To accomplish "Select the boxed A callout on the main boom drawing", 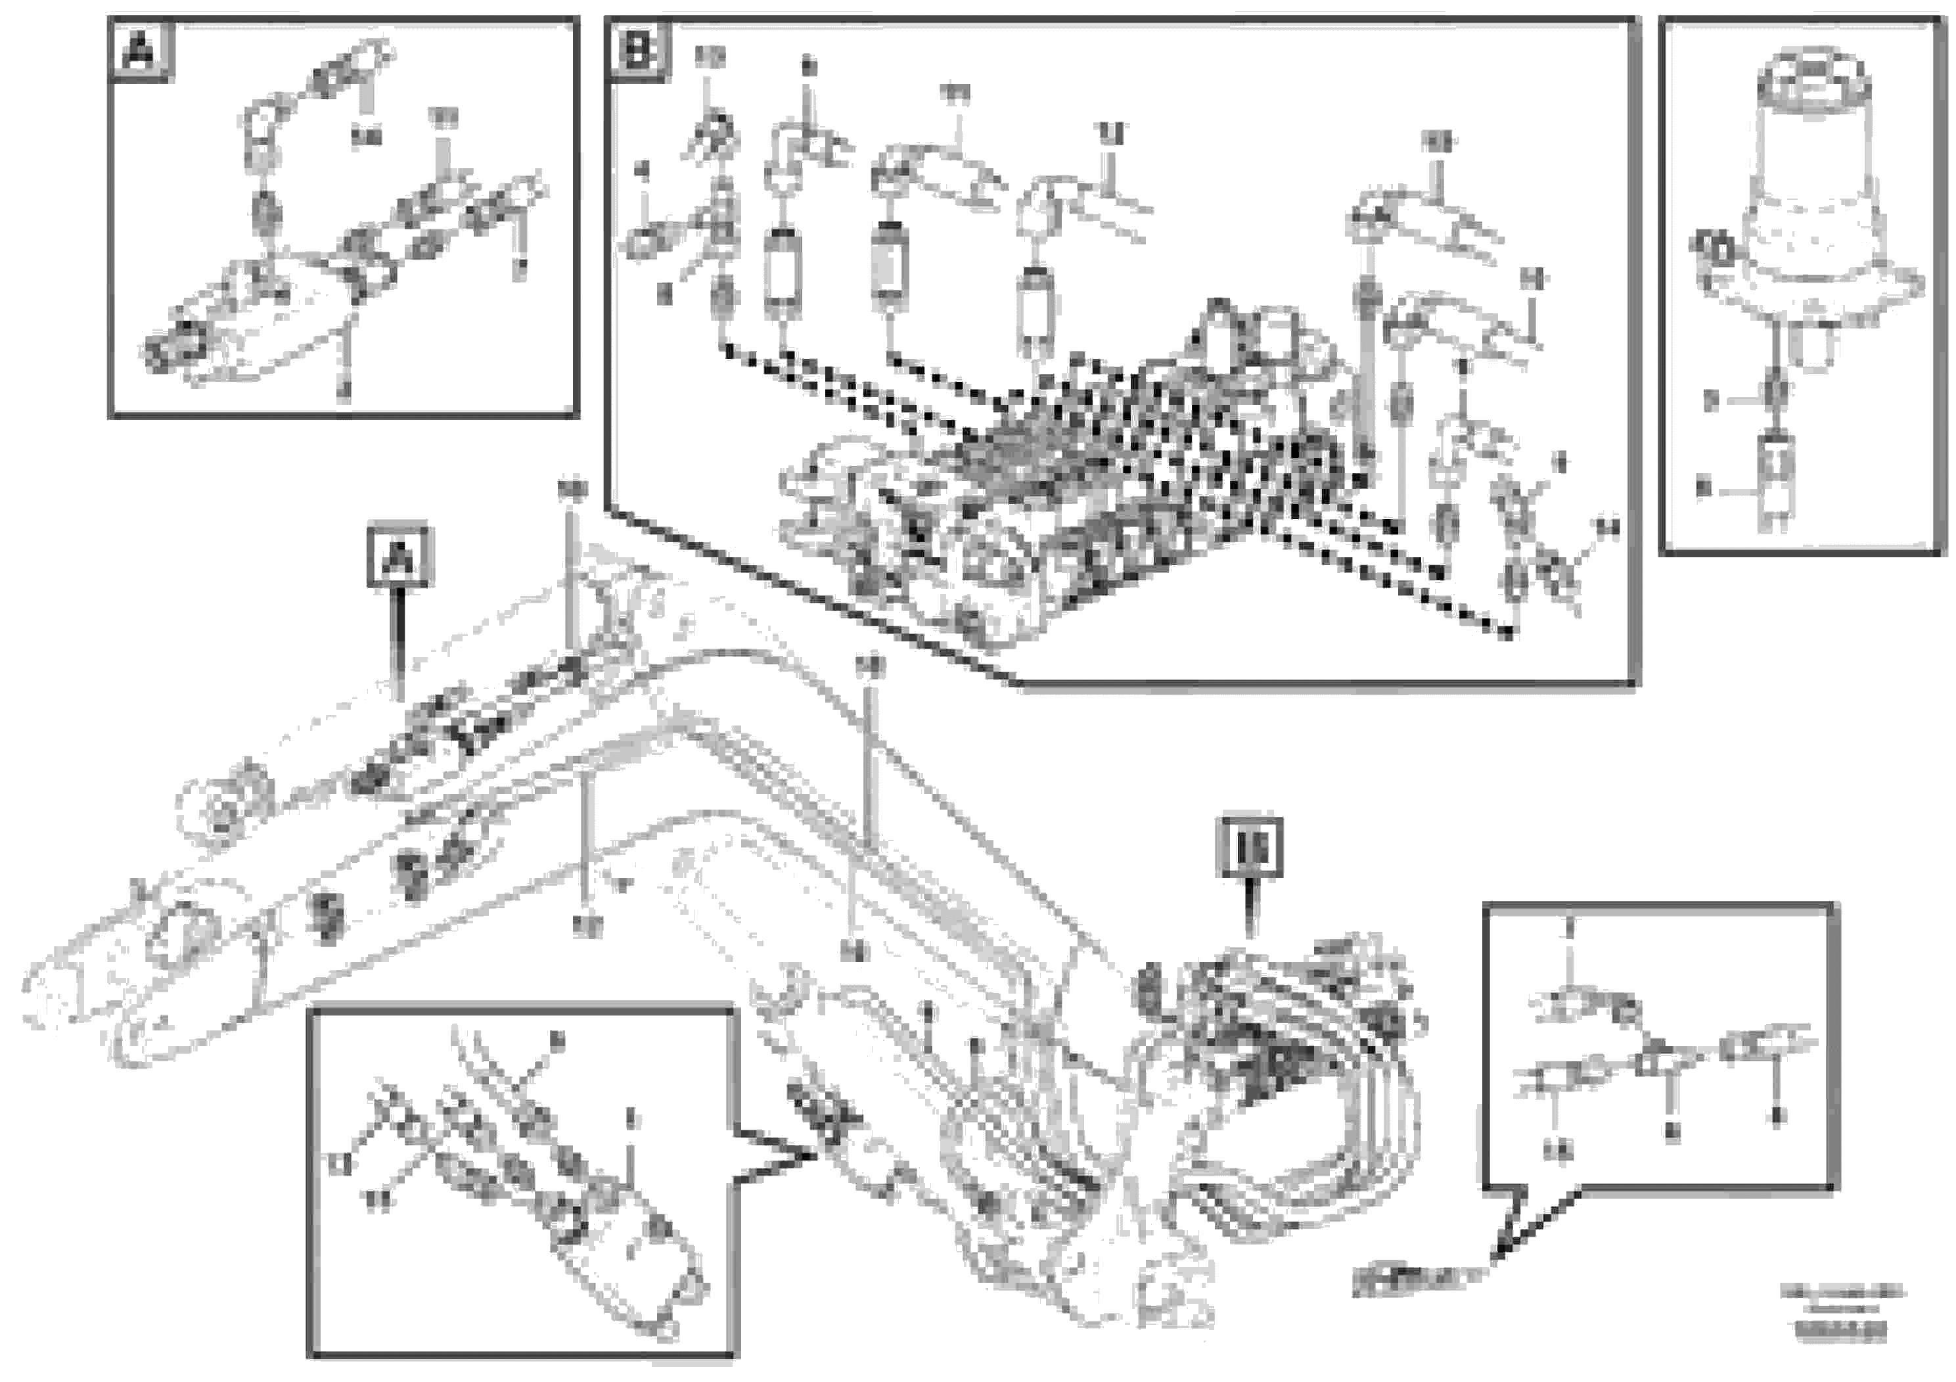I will (x=399, y=558).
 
